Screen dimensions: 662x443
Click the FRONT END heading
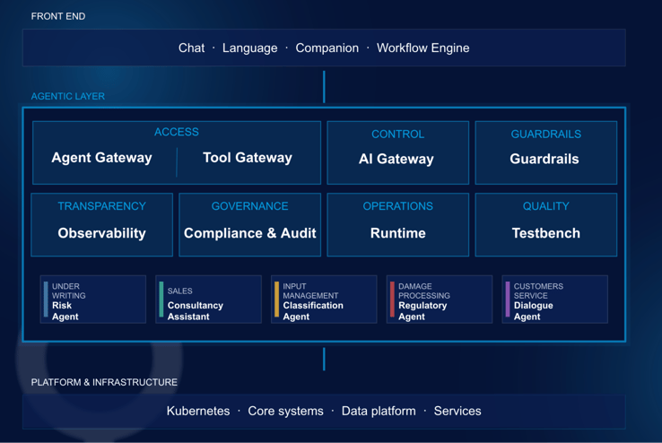tap(58, 16)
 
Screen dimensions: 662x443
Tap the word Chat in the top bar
tap(191, 48)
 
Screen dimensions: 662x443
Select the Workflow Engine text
tap(423, 48)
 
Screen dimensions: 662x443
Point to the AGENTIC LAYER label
tap(68, 96)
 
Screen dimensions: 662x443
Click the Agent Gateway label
tap(101, 158)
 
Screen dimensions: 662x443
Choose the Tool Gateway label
tap(248, 158)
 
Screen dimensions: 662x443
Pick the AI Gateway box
tap(397, 152)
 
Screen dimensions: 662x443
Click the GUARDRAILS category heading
tap(546, 135)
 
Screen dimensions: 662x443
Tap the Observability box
tap(101, 225)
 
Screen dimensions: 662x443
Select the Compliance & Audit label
tap(250, 233)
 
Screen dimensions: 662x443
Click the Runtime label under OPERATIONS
tap(397, 233)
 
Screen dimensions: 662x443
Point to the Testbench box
tap(546, 225)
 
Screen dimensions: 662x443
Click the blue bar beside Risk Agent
tap(46, 300)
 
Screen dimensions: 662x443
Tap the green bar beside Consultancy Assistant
tap(161, 300)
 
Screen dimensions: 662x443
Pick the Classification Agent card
tap(324, 300)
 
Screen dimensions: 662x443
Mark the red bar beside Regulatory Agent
tap(392, 300)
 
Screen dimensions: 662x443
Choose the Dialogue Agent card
tap(554, 300)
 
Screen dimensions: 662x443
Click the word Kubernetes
tap(198, 411)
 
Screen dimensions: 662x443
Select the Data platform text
tap(379, 411)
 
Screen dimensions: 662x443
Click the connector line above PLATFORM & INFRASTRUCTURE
tap(324, 359)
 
